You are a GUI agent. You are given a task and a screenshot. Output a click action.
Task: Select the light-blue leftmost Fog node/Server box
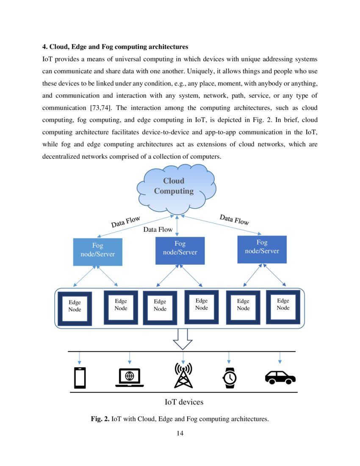click(97, 252)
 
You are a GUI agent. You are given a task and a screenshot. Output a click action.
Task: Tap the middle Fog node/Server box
click(180, 250)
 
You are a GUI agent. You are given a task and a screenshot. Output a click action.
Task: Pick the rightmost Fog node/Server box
click(262, 249)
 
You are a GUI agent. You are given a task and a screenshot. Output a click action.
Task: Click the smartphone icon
click(80, 378)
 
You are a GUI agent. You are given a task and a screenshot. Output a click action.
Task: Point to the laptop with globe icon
click(130, 377)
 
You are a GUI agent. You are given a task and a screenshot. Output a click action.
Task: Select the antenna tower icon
click(183, 376)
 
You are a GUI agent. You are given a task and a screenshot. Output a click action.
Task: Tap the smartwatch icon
click(230, 377)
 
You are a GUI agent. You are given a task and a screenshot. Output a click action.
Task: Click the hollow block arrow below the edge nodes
click(183, 340)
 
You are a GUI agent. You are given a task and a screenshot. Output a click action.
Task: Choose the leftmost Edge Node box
click(75, 308)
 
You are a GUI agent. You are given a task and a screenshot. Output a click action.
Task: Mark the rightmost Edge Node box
click(283, 307)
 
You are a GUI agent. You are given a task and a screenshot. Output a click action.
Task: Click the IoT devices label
click(184, 402)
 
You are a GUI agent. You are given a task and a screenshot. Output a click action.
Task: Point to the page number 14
click(180, 433)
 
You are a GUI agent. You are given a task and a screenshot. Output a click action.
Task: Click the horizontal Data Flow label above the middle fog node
click(158, 230)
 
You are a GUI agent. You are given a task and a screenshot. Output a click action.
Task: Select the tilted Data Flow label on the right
click(234, 219)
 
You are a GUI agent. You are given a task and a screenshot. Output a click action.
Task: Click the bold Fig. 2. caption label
click(100, 419)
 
